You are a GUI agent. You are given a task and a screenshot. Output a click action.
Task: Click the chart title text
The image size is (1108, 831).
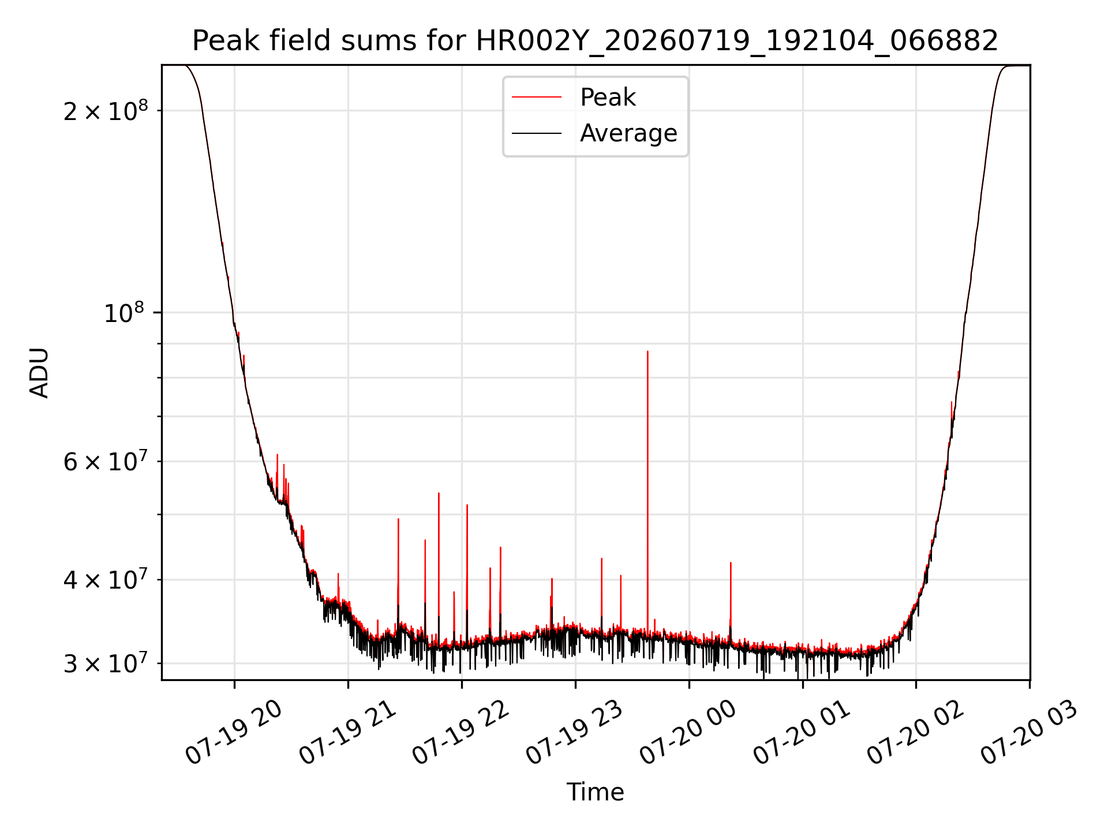click(595, 41)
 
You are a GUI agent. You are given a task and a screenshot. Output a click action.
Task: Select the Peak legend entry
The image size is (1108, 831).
click(608, 97)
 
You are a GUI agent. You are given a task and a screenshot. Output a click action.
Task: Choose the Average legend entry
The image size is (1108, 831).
click(628, 133)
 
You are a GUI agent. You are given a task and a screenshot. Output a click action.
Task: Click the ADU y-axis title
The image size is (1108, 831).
click(39, 373)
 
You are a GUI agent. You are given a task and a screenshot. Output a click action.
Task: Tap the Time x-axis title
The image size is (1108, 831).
click(595, 792)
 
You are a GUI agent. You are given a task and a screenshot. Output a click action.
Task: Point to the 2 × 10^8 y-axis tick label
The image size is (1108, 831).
click(106, 110)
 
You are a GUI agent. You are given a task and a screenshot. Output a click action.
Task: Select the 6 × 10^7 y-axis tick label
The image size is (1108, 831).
click(106, 461)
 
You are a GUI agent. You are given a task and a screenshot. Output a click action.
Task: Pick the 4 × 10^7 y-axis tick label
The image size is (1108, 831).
click(106, 579)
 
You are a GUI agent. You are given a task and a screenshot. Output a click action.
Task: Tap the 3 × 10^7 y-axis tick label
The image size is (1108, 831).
click(106, 663)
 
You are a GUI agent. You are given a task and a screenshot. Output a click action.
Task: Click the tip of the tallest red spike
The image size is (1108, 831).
click(647, 351)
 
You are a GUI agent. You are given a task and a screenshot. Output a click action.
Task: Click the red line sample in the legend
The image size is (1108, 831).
click(537, 97)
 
